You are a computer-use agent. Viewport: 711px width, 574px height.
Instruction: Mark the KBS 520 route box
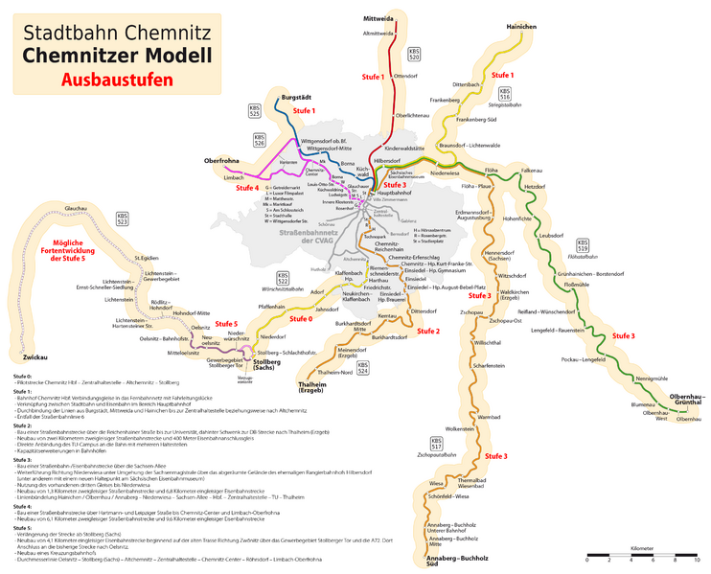pos(414,56)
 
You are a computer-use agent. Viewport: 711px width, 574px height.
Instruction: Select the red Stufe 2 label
pos(428,332)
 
